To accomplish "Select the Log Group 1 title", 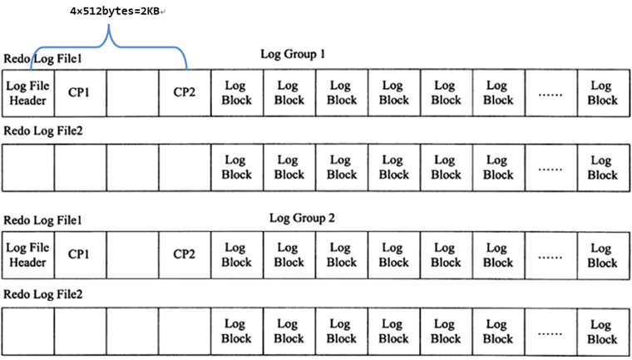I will [292, 55].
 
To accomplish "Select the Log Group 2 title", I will [301, 218].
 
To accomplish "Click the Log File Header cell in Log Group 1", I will [27, 92].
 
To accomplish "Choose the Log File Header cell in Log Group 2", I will [27, 255].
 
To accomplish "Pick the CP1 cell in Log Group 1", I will [79, 92].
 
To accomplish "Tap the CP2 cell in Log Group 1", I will [184, 92].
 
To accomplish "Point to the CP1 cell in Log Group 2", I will [79, 255].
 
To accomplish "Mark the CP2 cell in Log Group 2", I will [184, 255].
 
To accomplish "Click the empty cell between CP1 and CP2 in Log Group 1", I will [132, 92].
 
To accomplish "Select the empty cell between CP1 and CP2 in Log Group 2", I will [132, 255].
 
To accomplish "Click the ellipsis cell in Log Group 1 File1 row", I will [550, 93].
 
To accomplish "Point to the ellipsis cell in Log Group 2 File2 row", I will [550, 333].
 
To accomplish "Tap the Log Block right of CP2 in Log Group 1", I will [236, 92].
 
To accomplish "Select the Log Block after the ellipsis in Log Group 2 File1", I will [602, 255].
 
